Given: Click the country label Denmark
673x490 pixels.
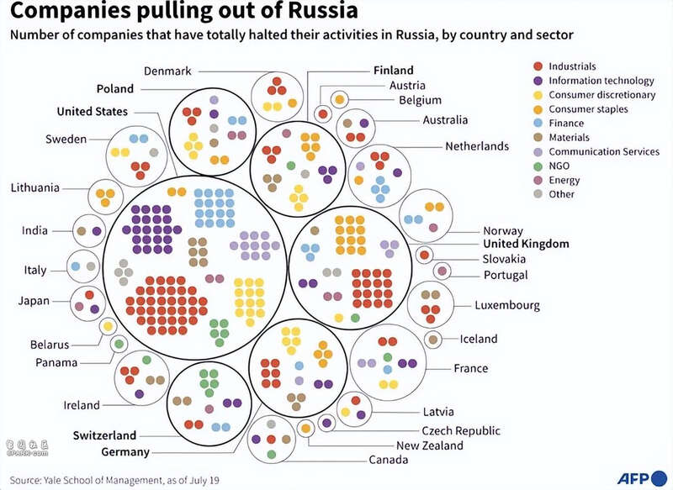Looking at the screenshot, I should pyautogui.click(x=168, y=71).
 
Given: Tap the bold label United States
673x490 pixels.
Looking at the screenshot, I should pyautogui.click(x=93, y=111).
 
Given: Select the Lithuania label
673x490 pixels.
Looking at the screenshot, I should pyautogui.click(x=35, y=187).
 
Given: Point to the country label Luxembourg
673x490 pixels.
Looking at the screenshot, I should pyautogui.click(x=507, y=305).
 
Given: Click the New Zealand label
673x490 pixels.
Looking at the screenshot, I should pyautogui.click(x=430, y=445).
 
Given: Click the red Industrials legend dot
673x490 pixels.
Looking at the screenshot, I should pyautogui.click(x=538, y=66).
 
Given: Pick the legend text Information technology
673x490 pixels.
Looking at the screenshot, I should pyautogui.click(x=601, y=81).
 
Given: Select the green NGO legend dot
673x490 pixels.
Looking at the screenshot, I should pyautogui.click(x=538, y=166).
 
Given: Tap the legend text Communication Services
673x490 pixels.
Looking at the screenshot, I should pyautogui.click(x=604, y=151).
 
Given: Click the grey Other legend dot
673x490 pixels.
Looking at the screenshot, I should pyautogui.click(x=538, y=194).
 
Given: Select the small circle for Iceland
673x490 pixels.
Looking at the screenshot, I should pyautogui.click(x=432, y=340).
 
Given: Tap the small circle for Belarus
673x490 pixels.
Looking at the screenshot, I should pyautogui.click(x=108, y=326).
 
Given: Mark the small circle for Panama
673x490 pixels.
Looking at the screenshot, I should pyautogui.click(x=119, y=343).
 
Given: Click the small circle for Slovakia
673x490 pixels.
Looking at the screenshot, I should pyautogui.click(x=425, y=255).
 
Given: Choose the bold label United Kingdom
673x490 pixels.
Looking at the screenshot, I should pyautogui.click(x=526, y=244).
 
